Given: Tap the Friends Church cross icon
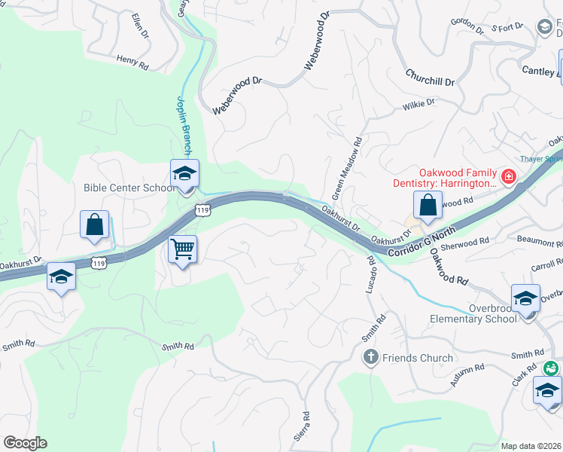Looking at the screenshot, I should tap(370, 358).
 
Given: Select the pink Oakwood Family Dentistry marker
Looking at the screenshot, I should tap(509, 177).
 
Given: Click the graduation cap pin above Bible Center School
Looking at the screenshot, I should tap(184, 174).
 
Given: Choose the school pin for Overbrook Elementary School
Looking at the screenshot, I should tap(525, 298).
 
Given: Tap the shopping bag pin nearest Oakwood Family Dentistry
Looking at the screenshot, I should tap(427, 205).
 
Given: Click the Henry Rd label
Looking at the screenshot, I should tap(132, 63).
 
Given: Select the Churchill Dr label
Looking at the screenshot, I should tap(430, 77).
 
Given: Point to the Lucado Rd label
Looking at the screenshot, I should tap(372, 276).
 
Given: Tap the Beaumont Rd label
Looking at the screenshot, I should tap(540, 242).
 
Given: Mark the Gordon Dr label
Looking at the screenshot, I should tap(467, 27).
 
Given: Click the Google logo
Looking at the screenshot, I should tap(25, 443).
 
